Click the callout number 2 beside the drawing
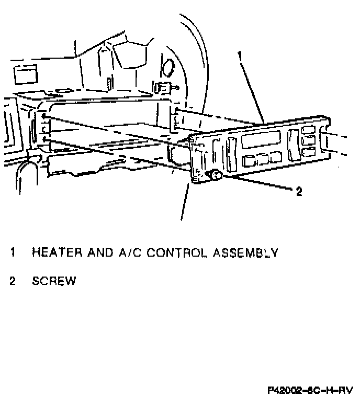click(299, 192)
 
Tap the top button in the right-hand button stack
click(310, 131)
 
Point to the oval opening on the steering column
click(168, 68)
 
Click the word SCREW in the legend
click(54, 281)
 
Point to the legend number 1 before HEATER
click(13, 253)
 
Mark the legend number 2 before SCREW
click(13, 281)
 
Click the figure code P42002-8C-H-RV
click(310, 390)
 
